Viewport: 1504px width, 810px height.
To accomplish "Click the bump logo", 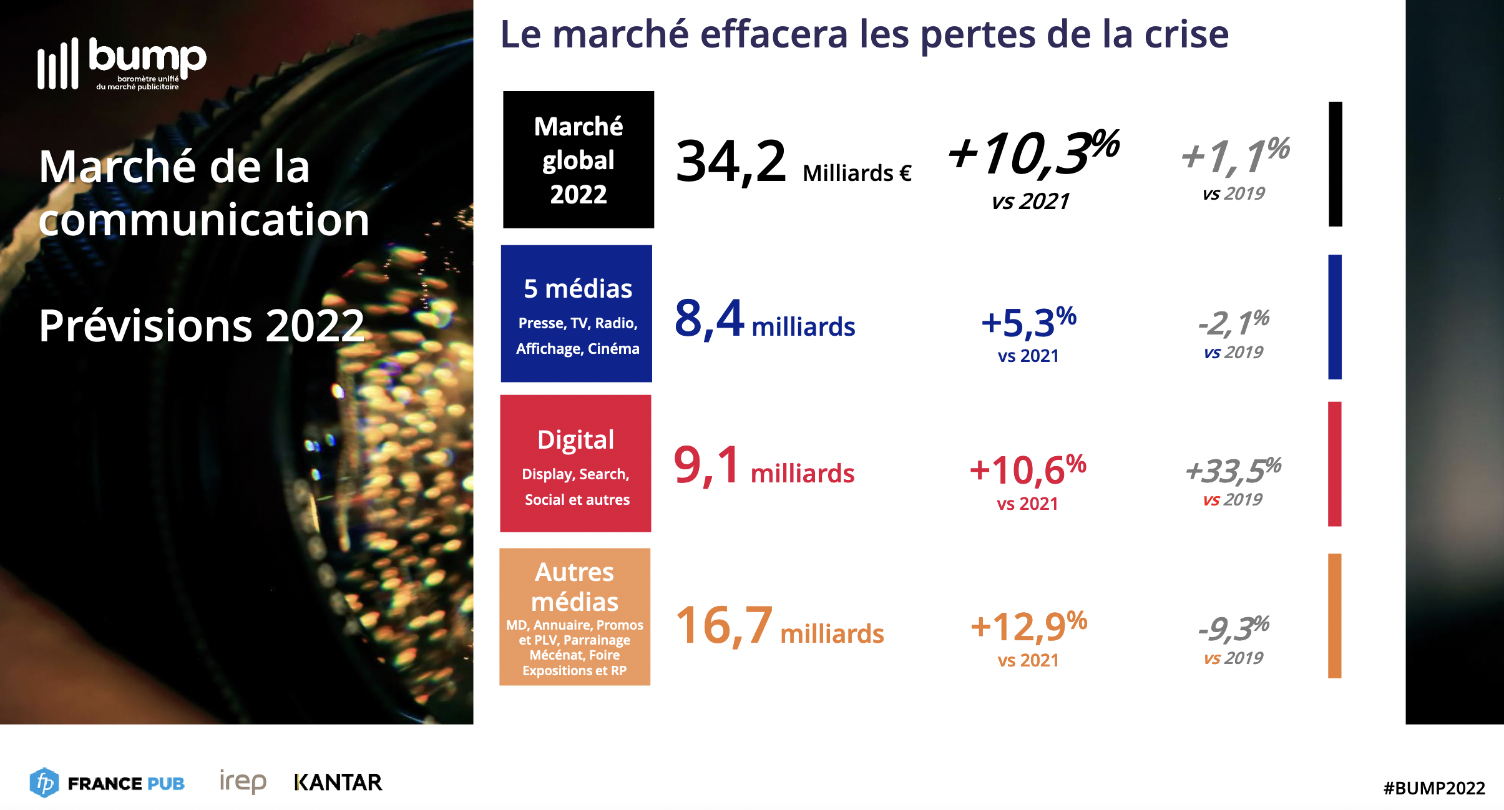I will [x=122, y=64].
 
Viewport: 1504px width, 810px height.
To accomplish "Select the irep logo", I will [x=243, y=781].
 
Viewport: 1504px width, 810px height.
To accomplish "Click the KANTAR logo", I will [x=338, y=783].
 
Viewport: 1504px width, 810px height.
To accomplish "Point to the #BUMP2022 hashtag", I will [x=1433, y=788].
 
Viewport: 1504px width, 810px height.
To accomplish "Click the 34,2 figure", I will [x=731, y=162].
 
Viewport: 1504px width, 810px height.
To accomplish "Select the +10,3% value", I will [x=1033, y=153].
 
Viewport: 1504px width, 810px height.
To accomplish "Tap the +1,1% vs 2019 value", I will [x=1234, y=156].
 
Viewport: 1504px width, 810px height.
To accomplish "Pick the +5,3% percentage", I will [x=1028, y=323].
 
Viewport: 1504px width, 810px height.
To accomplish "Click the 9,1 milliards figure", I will [x=763, y=466].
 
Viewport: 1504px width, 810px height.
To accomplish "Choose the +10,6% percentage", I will [x=1027, y=470].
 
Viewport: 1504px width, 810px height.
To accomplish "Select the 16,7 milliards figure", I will [x=779, y=626].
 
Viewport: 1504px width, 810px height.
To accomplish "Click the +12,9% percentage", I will [x=1028, y=627].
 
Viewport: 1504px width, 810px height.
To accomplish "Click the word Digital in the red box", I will [x=575, y=440].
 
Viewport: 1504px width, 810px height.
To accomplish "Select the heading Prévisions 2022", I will [x=202, y=326].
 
